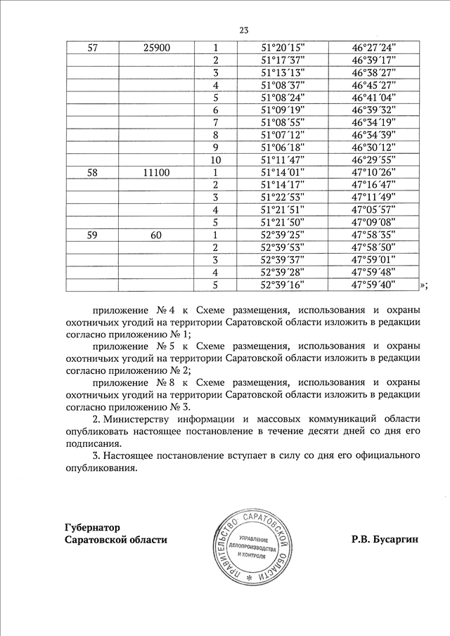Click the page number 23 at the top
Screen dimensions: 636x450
(244, 30)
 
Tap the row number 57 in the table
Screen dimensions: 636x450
(93, 47)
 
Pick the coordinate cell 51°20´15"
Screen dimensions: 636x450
(282, 47)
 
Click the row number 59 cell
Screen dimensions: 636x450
(93, 235)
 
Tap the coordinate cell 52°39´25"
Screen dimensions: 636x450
(282, 235)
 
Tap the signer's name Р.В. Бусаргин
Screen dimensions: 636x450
(385, 540)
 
